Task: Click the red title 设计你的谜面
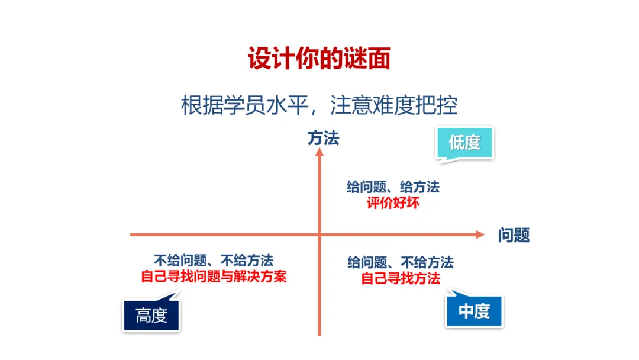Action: click(x=319, y=60)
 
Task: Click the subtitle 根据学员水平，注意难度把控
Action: click(x=319, y=106)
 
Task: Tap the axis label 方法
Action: click(x=323, y=139)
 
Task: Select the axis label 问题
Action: click(x=514, y=235)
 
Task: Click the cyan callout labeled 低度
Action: click(x=464, y=142)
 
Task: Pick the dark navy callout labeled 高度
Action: click(x=151, y=316)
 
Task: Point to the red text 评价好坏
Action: click(x=393, y=203)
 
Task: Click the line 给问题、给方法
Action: click(x=393, y=188)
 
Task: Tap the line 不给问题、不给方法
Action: click(x=214, y=261)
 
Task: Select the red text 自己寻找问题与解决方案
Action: click(x=214, y=277)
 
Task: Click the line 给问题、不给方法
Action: click(x=401, y=262)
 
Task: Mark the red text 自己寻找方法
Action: click(x=401, y=278)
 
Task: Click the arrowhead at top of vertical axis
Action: click(x=319, y=153)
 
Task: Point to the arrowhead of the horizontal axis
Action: click(x=480, y=235)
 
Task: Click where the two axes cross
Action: click(x=319, y=235)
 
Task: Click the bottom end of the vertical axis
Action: click(x=319, y=334)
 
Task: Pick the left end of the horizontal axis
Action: click(x=131, y=235)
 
